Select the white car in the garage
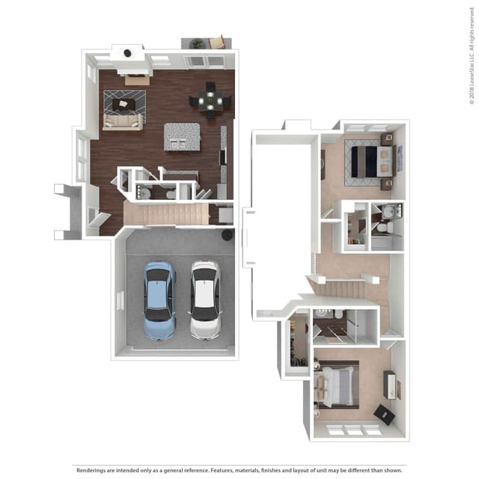pos(204,299)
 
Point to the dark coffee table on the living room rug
pos(125,100)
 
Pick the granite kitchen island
pos(182,136)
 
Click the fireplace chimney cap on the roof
pos(127,53)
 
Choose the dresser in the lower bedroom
pos(391,385)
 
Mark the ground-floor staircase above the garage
pos(166,215)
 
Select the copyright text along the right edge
pos(472,60)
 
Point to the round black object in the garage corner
pos(227,235)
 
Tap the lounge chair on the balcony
pos(217,42)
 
